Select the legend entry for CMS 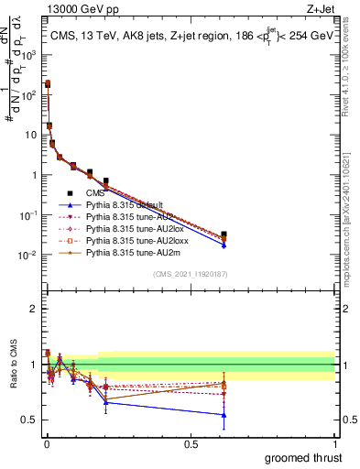pyautogui.click(x=96, y=193)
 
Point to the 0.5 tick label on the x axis pyautogui.click(x=191, y=443)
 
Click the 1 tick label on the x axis pyautogui.click(x=334, y=443)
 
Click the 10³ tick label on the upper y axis pyautogui.click(x=27, y=54)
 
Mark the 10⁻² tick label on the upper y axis pyautogui.click(x=27, y=255)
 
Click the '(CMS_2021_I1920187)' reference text pyautogui.click(x=190, y=274)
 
